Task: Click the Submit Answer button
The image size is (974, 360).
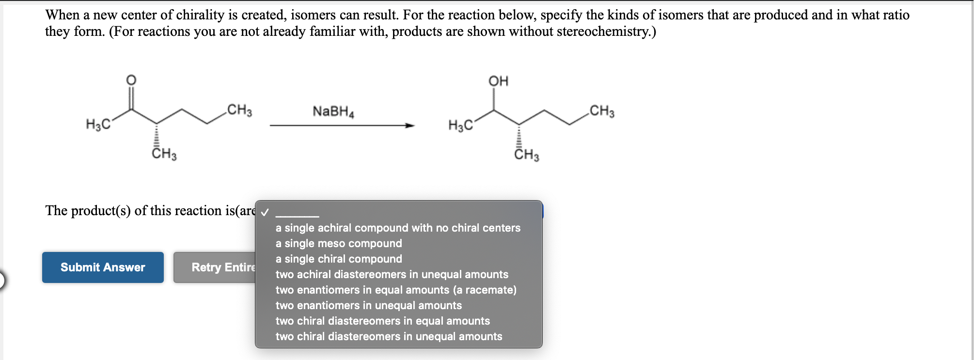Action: [103, 267]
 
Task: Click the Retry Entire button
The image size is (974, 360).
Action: [215, 267]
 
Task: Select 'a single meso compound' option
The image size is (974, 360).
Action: [339, 243]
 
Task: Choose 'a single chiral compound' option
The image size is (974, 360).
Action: [339, 259]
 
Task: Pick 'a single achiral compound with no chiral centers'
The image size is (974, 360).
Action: [398, 228]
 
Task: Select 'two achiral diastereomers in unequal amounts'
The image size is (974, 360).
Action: [392, 274]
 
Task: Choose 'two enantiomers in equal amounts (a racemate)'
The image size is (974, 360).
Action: [396, 290]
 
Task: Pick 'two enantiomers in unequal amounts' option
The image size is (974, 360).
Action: [369, 305]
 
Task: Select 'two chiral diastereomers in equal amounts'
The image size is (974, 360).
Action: [383, 321]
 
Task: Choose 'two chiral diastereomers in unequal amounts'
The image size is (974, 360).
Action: [389, 336]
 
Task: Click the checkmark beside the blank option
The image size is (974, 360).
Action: [265, 213]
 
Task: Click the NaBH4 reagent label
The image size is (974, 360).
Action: [333, 111]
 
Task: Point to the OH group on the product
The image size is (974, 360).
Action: [498, 81]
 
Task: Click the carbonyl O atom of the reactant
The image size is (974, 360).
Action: [131, 80]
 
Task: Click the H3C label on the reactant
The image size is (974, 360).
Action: [97, 125]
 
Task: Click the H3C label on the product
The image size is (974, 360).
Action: [460, 126]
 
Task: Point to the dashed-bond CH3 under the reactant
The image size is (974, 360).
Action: [164, 154]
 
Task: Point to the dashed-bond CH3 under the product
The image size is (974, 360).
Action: [526, 155]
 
